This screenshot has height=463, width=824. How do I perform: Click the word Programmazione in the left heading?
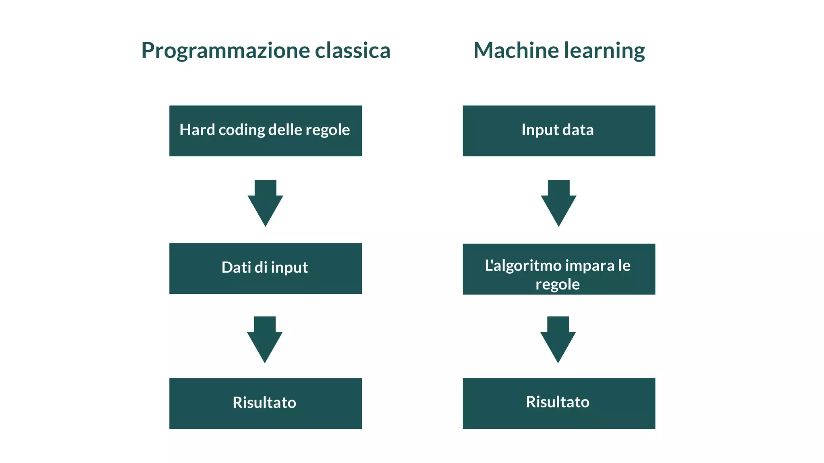(x=225, y=51)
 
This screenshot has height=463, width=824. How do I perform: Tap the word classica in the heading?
(x=352, y=50)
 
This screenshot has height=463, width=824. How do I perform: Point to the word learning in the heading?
(x=604, y=51)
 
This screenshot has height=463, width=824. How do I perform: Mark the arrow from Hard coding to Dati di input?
(x=265, y=203)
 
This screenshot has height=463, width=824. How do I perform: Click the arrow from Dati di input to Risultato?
(x=265, y=340)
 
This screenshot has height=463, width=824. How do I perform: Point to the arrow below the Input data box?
(x=558, y=203)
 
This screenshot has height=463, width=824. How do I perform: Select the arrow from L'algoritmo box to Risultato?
(x=558, y=340)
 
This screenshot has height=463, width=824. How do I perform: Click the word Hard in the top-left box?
(x=197, y=130)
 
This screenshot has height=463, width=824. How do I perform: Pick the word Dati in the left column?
(x=236, y=267)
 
